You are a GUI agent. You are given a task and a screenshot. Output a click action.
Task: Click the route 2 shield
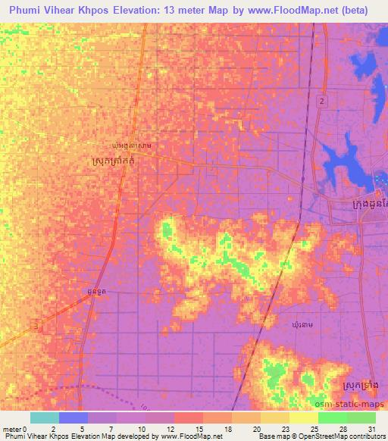pyautogui.click(x=322, y=101)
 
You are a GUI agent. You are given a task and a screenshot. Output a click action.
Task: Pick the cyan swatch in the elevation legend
pyautogui.click(x=45, y=418)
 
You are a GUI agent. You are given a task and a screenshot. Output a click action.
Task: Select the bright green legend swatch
pyautogui.click(x=332, y=418)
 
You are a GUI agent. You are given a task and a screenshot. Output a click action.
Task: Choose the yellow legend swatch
pyautogui.click(x=303, y=418)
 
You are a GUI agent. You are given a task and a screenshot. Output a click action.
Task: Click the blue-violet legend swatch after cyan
pyautogui.click(x=74, y=418)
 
